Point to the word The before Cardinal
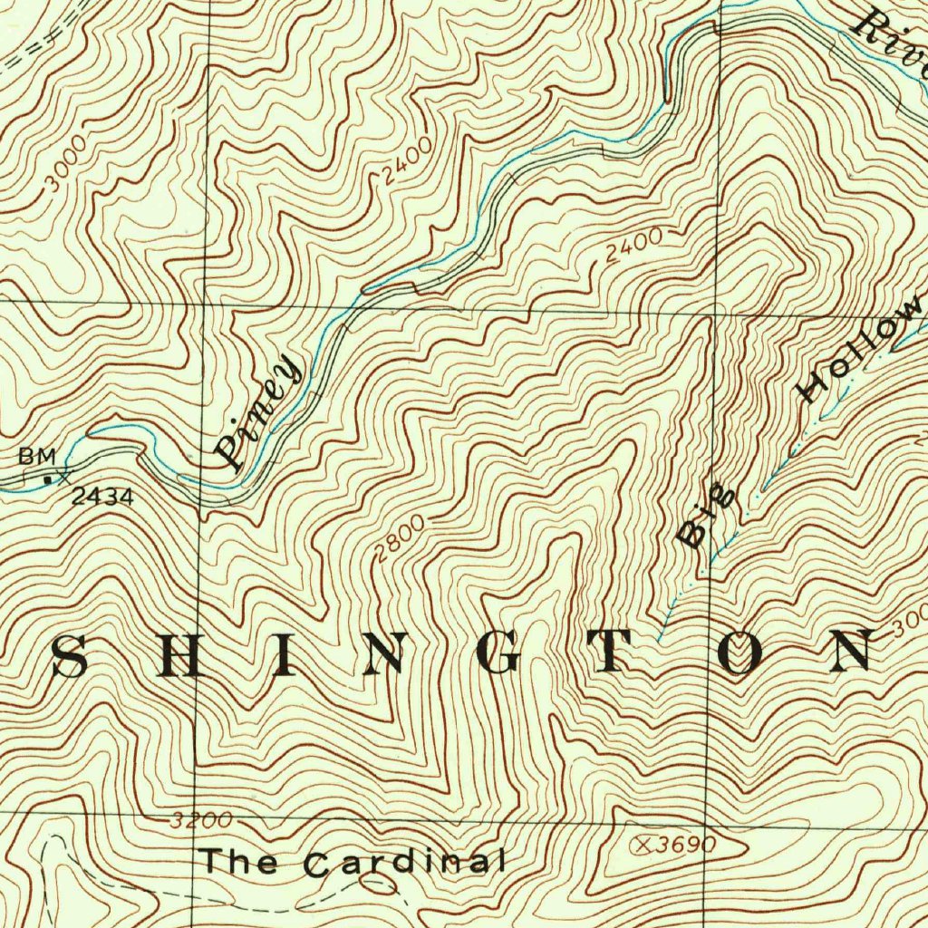tap(239, 859)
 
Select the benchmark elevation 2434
tap(103, 496)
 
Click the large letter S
tap(70, 657)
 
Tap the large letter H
tap(177, 657)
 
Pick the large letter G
tap(501, 655)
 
